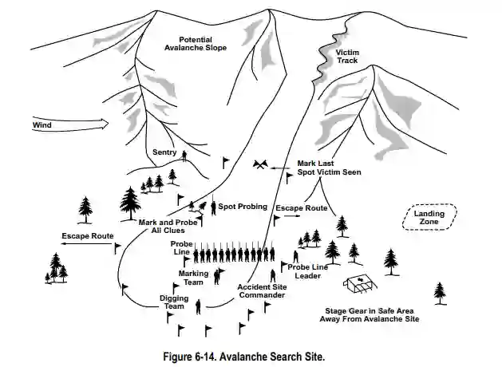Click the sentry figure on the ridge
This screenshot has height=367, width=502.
pos(184,156)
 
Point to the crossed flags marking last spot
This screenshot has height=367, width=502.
pos(260,165)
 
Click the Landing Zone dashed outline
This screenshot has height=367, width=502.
pos(430,216)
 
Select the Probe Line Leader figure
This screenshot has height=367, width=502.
pos(295,258)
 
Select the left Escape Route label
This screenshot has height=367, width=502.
pos(87,236)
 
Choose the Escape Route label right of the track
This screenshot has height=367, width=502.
pos(301,207)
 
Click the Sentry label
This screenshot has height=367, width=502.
pos(164,152)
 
